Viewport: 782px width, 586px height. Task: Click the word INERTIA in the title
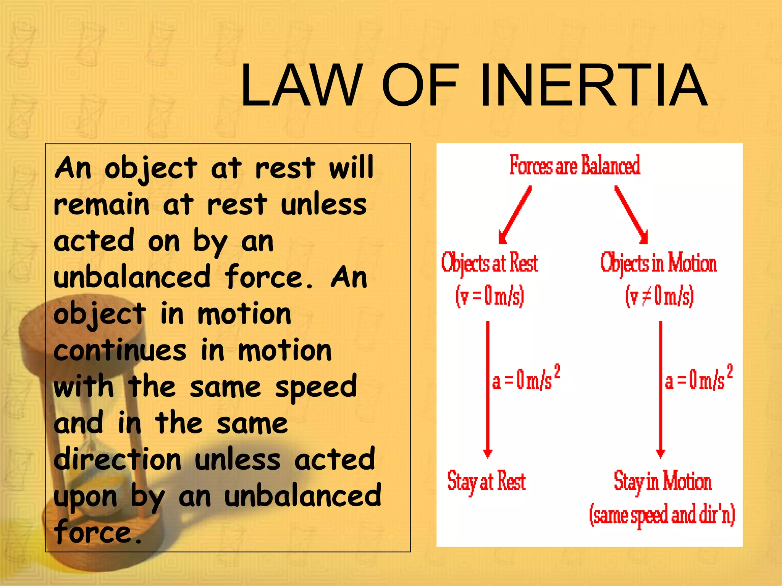[593, 85]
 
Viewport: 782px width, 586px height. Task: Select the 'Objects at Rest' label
[490, 263]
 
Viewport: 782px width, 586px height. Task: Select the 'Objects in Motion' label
[658, 263]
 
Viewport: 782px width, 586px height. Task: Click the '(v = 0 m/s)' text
[490, 296]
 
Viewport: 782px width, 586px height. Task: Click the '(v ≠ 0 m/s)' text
[659, 296]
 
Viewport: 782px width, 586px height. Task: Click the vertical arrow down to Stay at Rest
[488, 389]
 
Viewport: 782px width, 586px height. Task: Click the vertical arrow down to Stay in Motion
[661, 389]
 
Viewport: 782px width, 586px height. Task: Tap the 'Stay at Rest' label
[486, 481]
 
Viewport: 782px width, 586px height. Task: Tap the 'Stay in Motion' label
[662, 481]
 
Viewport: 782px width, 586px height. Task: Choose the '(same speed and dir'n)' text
[662, 515]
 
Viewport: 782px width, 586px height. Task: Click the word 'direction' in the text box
[118, 459]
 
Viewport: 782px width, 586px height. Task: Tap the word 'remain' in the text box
[101, 205]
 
